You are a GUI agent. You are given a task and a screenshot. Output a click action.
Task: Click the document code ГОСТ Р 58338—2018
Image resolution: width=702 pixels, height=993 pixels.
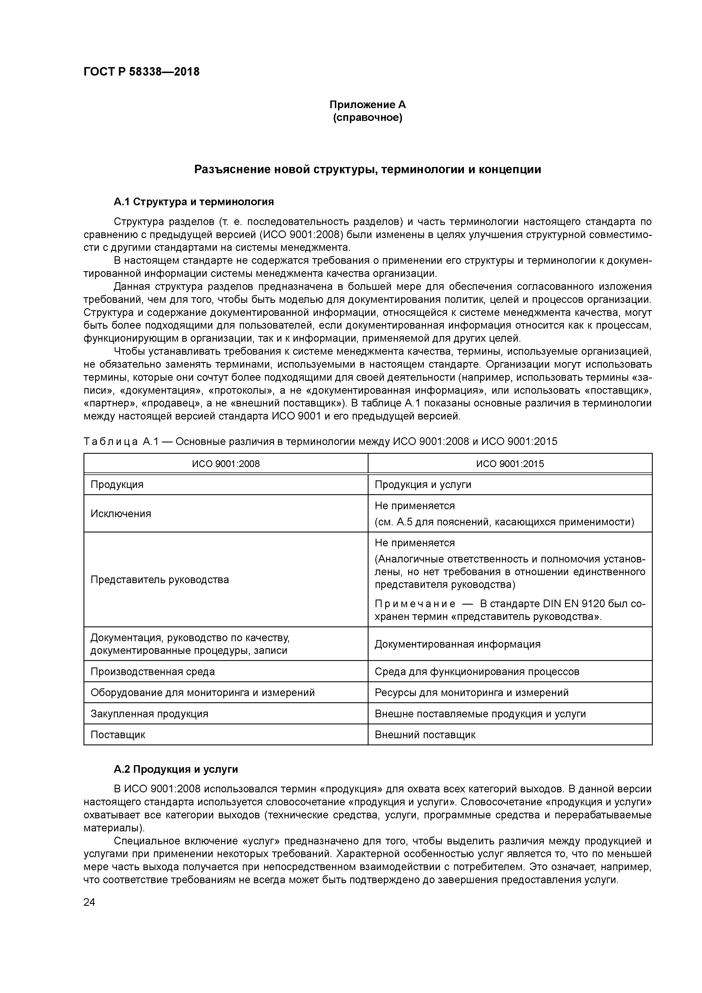coord(142,72)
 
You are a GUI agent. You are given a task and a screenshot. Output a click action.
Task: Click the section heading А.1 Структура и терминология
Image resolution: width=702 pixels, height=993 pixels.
coord(194,202)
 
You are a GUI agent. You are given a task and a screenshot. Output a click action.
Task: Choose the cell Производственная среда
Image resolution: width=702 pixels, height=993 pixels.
coord(152,672)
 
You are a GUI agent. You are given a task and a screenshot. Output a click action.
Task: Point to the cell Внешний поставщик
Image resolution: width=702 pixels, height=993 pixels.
coord(425,735)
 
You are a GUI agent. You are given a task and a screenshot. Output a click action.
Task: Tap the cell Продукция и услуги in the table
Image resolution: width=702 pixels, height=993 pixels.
coord(423,484)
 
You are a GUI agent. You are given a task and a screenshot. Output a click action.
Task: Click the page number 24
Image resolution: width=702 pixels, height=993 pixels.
coord(89,902)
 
